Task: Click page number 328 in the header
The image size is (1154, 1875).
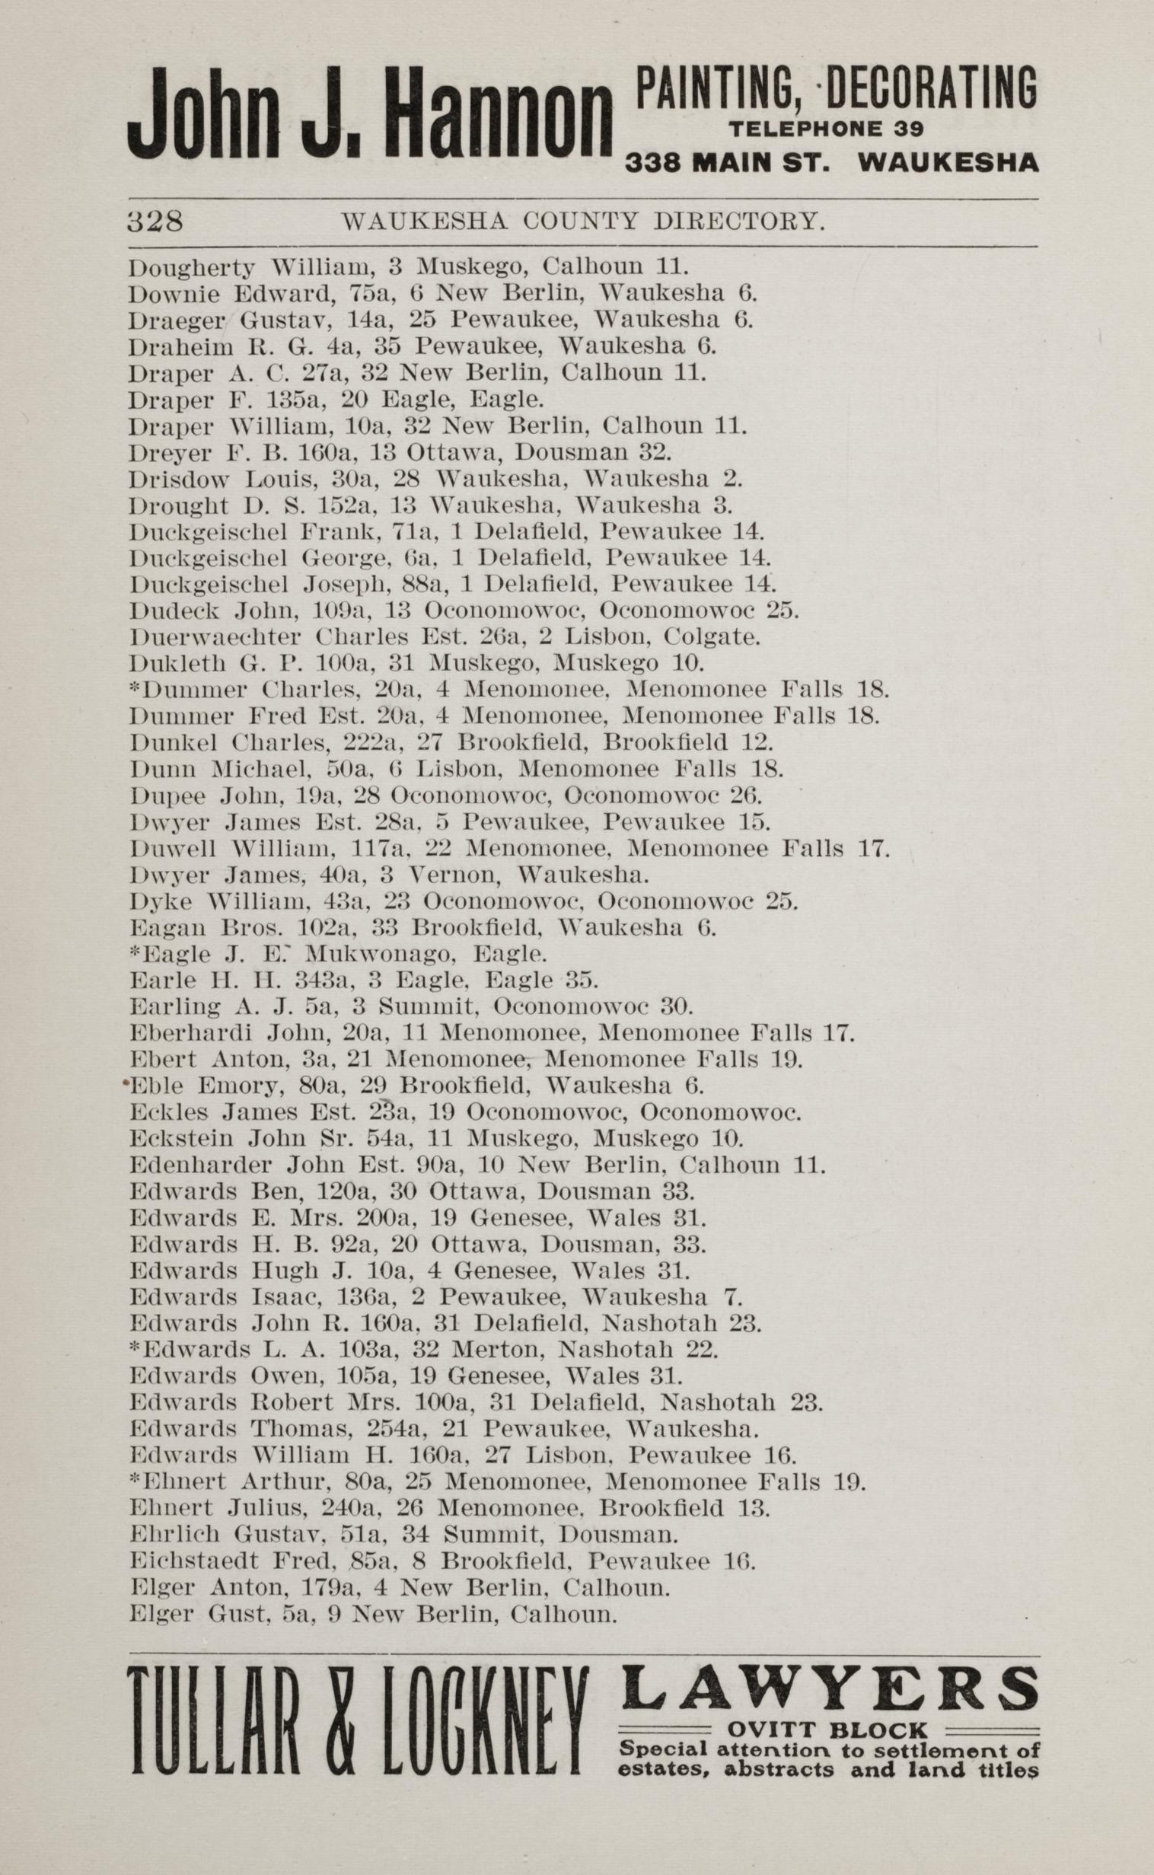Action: coord(155,222)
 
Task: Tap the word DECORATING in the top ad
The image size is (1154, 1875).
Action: coord(932,88)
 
